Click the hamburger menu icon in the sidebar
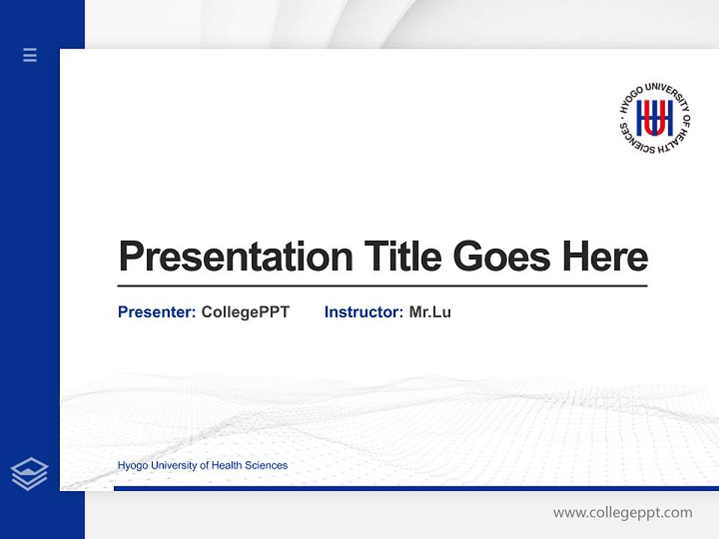click(30, 55)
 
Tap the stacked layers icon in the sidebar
click(29, 474)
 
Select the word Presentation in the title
click(235, 257)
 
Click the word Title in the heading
click(403, 257)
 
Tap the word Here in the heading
click(605, 257)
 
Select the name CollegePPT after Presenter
click(245, 312)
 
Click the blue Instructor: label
click(364, 312)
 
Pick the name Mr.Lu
click(430, 312)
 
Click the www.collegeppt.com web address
click(622, 513)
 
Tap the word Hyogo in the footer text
click(133, 466)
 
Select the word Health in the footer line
click(228, 466)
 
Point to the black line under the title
click(382, 285)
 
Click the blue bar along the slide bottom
click(416, 488)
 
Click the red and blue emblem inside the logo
click(654, 118)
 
